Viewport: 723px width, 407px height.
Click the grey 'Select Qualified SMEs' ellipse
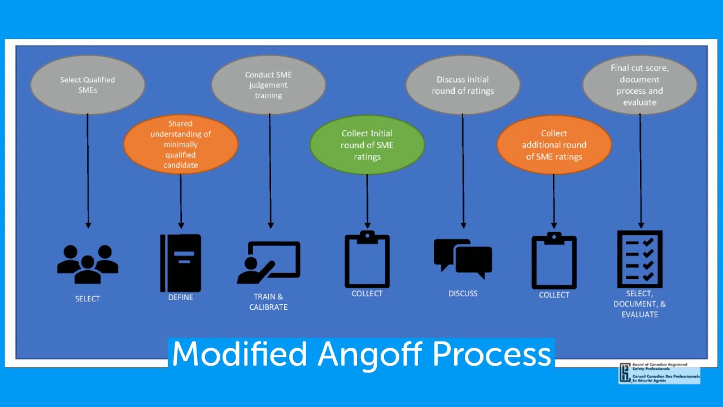point(88,85)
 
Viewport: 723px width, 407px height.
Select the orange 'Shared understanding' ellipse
point(181,145)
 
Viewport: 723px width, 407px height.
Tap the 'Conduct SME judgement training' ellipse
point(268,85)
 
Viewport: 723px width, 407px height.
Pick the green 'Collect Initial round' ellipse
point(367,145)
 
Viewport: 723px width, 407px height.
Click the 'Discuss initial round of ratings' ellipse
point(463,85)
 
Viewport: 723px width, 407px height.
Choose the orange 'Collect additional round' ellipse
point(554,145)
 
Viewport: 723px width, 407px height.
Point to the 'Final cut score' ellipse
point(639,85)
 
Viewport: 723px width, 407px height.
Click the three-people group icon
point(88,264)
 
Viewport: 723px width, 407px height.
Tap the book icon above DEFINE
point(181,263)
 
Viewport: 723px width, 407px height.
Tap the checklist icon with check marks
point(640,259)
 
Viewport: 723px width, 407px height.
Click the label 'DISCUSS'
point(463,293)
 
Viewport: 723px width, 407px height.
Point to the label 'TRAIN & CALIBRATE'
point(268,302)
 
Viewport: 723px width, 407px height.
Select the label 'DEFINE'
point(181,297)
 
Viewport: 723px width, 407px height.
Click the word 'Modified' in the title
point(239,354)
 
